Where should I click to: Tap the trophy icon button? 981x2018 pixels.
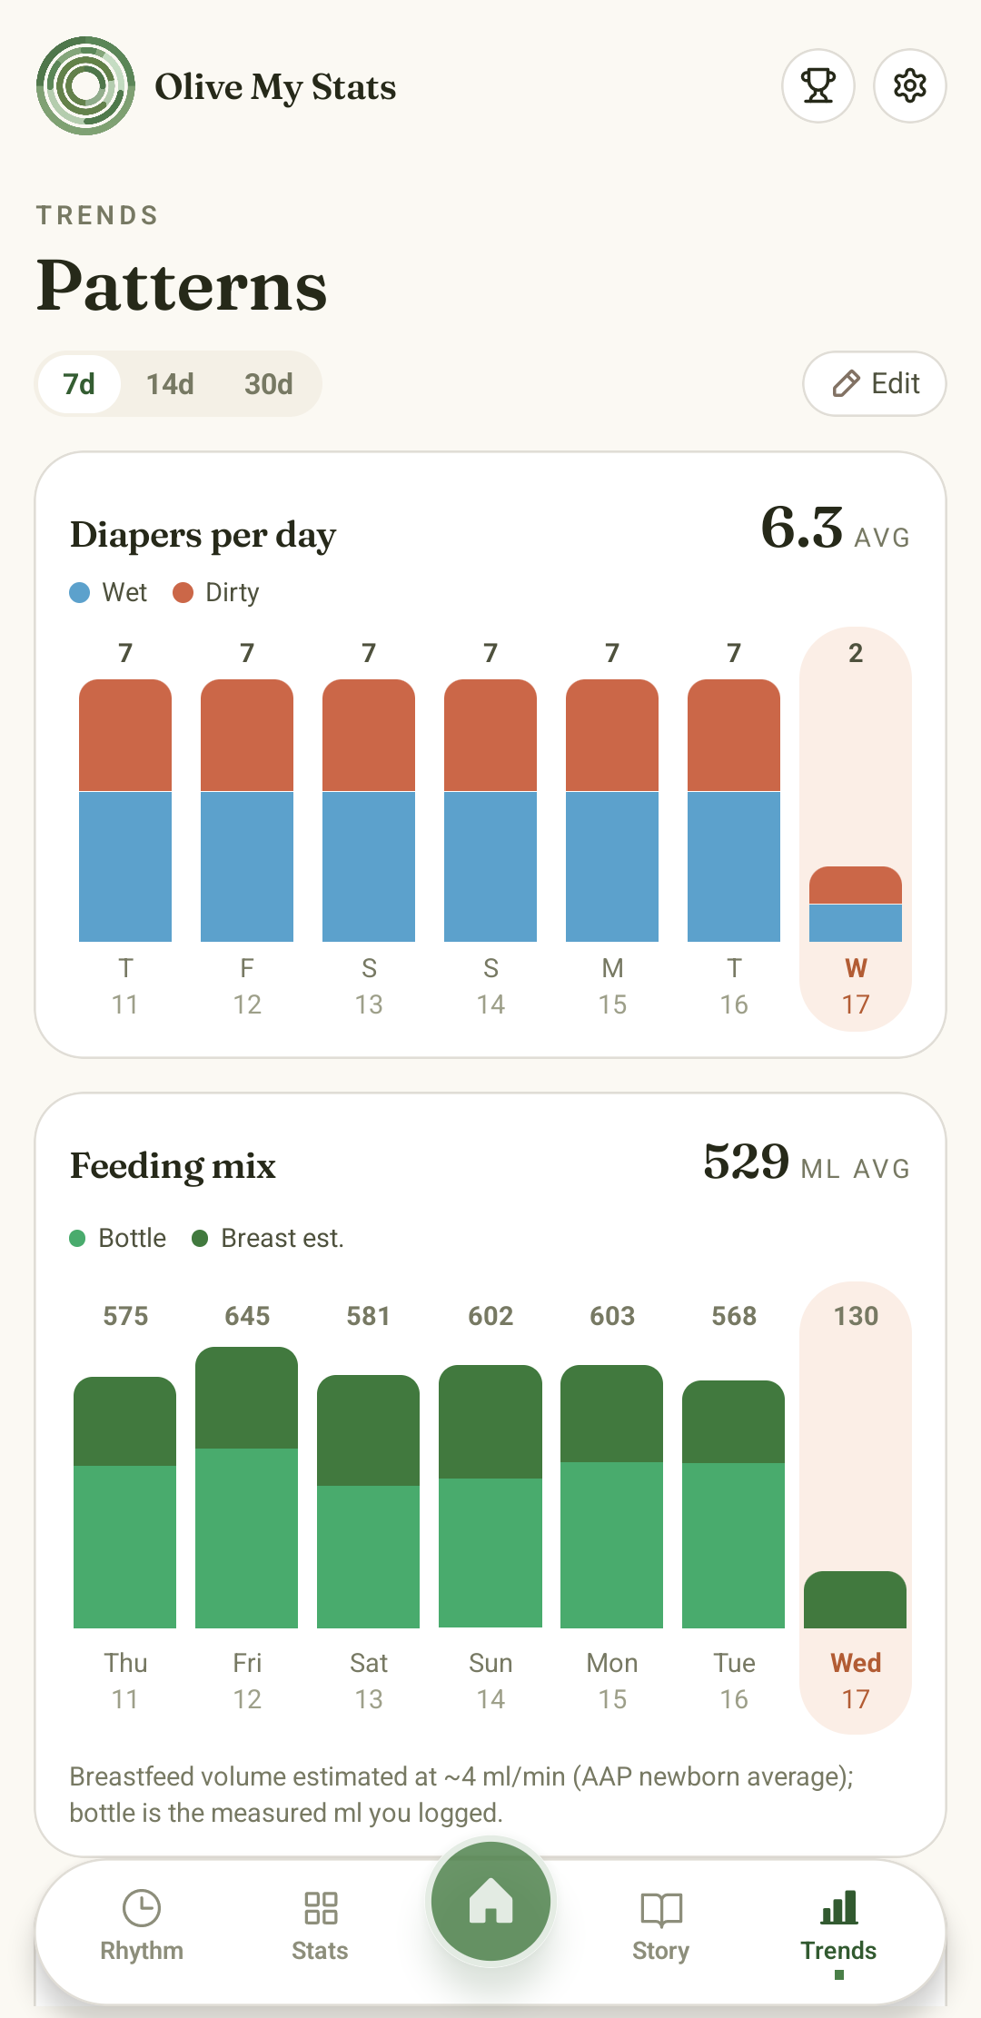point(818,86)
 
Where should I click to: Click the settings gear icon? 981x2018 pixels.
point(909,86)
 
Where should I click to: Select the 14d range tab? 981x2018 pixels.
point(170,384)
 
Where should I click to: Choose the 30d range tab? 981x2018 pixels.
point(268,384)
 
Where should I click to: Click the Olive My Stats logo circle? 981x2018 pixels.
point(86,86)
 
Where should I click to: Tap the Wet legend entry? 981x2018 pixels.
point(108,593)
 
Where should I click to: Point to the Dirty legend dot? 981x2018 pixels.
point(183,593)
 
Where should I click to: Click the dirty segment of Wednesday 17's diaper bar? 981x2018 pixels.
point(856,885)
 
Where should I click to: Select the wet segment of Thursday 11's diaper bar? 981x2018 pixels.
point(125,866)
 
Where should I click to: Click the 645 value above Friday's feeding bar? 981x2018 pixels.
point(247,1316)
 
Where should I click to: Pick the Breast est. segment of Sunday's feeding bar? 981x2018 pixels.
point(490,1421)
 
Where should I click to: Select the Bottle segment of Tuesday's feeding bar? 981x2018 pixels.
point(734,1546)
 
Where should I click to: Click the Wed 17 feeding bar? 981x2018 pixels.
point(856,1599)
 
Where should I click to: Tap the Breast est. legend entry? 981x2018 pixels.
point(268,1239)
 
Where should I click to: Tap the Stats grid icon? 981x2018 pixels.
point(321,1908)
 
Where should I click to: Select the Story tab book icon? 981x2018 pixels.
point(661,1909)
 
